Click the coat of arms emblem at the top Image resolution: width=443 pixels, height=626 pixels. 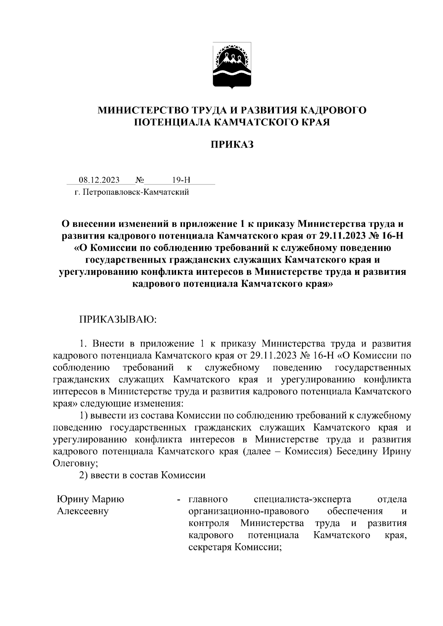tap(232, 66)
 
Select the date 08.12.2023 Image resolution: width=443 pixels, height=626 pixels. tap(99, 180)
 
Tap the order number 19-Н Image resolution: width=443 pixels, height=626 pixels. tap(181, 180)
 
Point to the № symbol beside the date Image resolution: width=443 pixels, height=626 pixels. tap(140, 180)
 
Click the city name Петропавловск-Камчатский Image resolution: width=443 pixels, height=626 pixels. tap(136, 192)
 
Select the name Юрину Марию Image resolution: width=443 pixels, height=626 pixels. tap(90, 499)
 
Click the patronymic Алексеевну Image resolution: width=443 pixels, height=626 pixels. tap(83, 511)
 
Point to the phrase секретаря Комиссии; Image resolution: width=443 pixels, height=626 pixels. tap(235, 547)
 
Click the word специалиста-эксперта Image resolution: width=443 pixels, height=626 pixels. tap(303, 499)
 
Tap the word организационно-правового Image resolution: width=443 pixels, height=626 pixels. tap(248, 511)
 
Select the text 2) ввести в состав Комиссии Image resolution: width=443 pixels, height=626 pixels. tap(142, 475)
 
